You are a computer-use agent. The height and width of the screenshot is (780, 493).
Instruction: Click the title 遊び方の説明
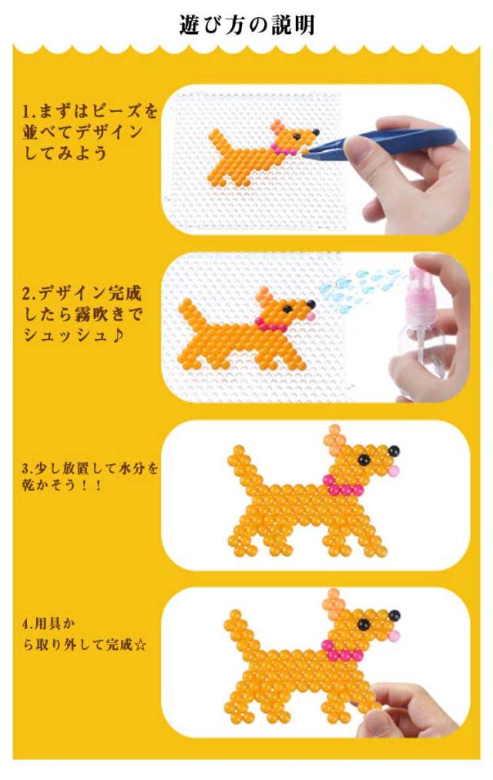point(247,25)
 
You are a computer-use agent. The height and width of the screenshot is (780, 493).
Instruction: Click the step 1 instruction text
point(89,132)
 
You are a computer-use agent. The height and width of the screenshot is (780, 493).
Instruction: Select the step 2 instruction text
point(82,314)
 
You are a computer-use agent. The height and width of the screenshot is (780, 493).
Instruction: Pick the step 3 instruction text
point(90,476)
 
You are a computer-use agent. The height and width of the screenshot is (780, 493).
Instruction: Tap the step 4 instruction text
point(85,635)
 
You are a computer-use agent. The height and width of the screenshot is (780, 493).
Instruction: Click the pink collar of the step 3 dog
point(343,486)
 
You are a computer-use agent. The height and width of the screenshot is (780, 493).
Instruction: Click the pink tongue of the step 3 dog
point(394,471)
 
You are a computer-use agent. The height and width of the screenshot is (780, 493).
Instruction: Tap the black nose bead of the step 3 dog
point(394,451)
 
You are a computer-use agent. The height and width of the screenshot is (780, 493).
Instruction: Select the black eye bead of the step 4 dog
point(364,623)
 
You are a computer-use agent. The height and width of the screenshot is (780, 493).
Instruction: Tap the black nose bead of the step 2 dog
point(311,304)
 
